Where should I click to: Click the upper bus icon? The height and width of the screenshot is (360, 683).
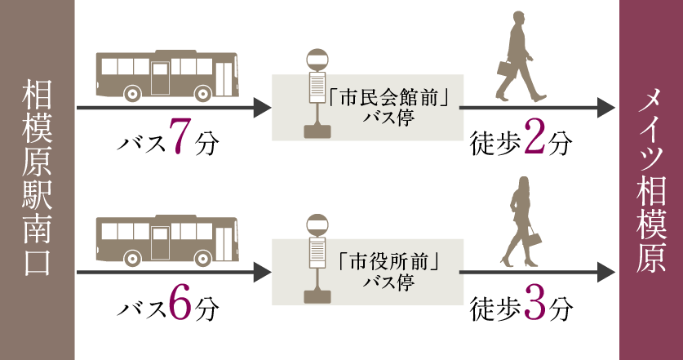166,75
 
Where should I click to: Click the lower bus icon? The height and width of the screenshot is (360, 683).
166,241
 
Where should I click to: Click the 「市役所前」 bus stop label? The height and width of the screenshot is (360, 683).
389,265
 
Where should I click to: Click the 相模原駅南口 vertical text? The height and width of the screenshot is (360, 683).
38,180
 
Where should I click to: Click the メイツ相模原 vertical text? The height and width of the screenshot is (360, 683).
651,180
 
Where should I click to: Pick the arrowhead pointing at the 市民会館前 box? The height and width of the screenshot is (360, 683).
263,107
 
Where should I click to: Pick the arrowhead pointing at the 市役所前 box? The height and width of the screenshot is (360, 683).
263,273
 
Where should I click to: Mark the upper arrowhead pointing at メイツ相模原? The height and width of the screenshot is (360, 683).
605,107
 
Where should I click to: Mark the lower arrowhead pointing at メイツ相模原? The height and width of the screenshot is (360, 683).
605,273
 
